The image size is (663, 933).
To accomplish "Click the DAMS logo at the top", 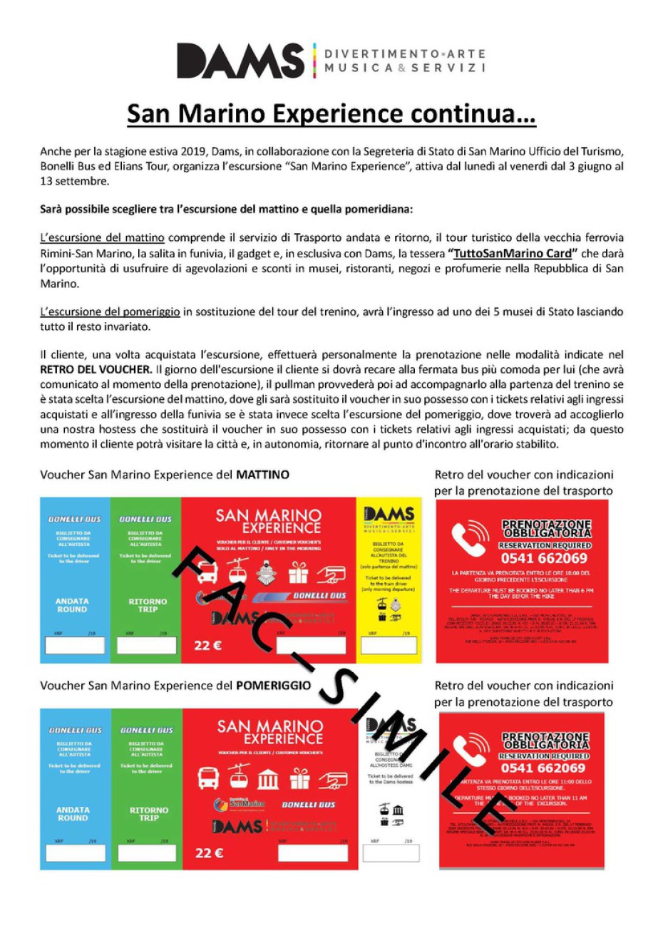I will click(x=240, y=61).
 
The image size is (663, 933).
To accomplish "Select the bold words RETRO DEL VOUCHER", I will click(x=96, y=369).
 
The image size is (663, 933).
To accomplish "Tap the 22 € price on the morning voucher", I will click(x=208, y=646).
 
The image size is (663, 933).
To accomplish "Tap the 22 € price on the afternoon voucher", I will click(x=209, y=852).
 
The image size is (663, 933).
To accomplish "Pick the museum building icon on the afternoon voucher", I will click(x=268, y=779).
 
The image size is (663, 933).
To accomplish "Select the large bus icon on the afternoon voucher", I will click(x=208, y=778).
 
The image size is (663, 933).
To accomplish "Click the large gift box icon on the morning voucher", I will click(x=298, y=572).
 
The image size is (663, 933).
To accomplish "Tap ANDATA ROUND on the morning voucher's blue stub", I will click(x=72, y=605).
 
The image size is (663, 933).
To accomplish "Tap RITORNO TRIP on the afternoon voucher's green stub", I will click(x=149, y=814).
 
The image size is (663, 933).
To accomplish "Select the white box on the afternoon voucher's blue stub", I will click(x=75, y=852).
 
